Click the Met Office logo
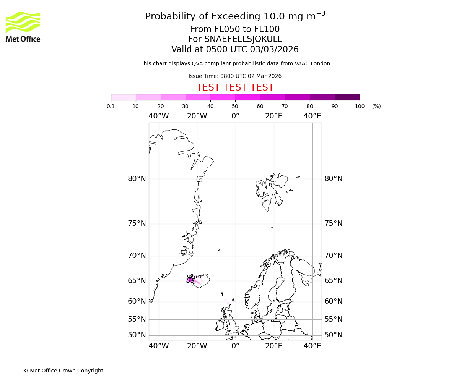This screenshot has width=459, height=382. pos(23,27)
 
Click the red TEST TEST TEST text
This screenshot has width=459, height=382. pos(235,88)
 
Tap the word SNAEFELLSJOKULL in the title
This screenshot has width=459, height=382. pos(243,39)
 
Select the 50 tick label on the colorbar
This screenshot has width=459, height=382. pos(235,106)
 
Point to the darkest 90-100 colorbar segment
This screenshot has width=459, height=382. pos(347,97)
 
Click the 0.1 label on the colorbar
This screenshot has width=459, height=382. pos(111,106)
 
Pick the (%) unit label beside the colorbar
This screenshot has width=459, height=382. pos(376,106)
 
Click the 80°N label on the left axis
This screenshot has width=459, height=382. pos(137,179)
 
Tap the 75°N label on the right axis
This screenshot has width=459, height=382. pos(334,223)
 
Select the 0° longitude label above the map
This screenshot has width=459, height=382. pos(235,116)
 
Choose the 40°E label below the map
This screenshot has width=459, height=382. pos(312,346)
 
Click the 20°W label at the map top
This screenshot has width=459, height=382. pos(197,116)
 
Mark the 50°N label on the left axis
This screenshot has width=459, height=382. pos(137,335)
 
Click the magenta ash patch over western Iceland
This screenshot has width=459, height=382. pos(190,280)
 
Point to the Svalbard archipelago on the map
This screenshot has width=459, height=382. pos(270,191)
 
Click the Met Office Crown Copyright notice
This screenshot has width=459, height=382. pos(63,371)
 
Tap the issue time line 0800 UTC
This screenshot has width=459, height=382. pos(235,76)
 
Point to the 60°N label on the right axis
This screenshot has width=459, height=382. pos(334,301)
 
